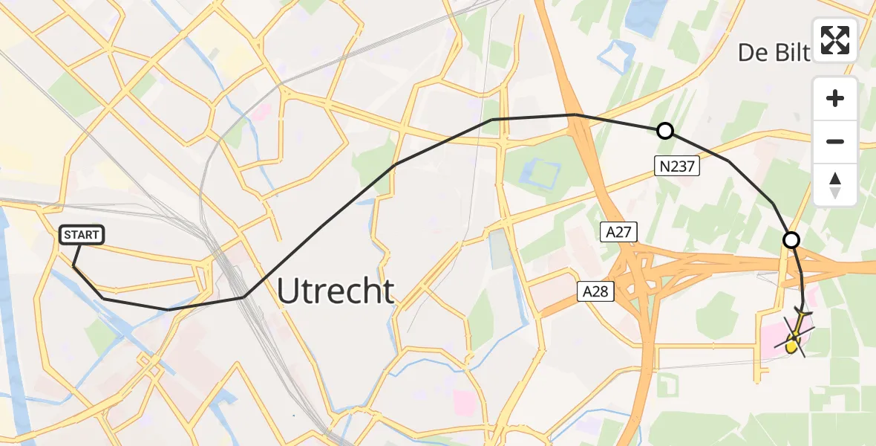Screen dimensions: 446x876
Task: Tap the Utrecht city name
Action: point(336,291)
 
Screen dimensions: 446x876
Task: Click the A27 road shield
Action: point(618,233)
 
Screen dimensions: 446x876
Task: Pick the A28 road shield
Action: point(595,291)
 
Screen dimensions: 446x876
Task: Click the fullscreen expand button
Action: point(835,40)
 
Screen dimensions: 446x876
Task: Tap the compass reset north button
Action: point(835,184)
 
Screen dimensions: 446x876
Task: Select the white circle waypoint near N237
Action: point(665,132)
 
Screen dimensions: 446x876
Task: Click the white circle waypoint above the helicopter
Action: point(791,240)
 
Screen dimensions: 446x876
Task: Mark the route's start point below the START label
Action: point(73,265)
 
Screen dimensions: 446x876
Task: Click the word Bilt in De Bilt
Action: point(791,53)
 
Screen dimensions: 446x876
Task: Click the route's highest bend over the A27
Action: point(575,114)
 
